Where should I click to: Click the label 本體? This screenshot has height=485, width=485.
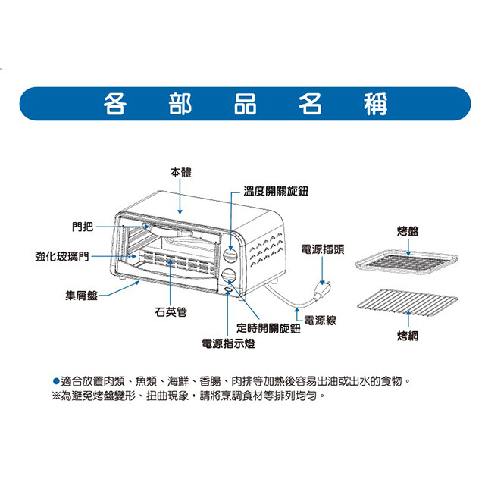[x=181, y=173]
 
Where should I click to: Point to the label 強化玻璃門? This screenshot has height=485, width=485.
[x=61, y=256]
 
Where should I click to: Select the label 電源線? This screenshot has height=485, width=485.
[x=321, y=321]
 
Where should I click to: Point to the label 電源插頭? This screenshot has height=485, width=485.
[x=327, y=248]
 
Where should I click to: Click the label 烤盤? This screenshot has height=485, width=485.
[x=407, y=230]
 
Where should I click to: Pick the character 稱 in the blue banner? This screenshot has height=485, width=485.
[x=374, y=105]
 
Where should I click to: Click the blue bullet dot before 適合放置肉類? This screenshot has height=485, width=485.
[x=55, y=380]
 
